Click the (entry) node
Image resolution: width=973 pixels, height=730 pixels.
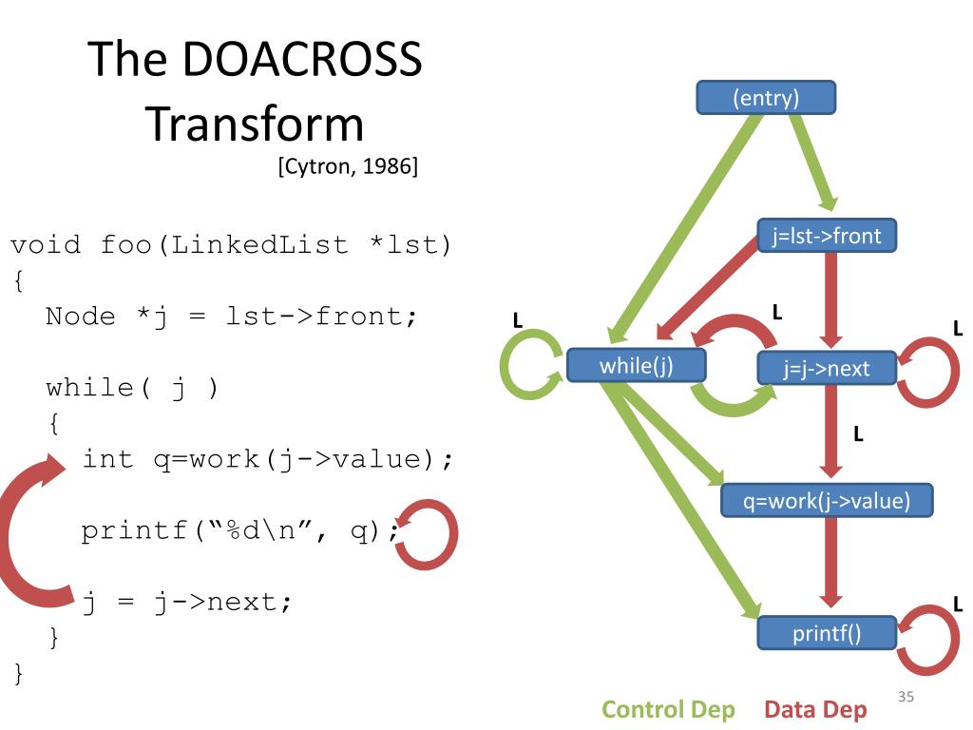click(x=766, y=97)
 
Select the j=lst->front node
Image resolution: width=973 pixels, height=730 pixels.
click(x=827, y=237)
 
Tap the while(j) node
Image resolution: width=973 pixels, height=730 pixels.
click(x=636, y=366)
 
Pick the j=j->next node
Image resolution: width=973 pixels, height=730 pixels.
click(x=827, y=368)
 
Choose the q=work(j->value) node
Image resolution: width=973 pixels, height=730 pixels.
click(x=826, y=500)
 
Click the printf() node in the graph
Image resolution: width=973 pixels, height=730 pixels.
click(x=827, y=633)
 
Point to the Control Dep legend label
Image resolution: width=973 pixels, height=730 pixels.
click(x=669, y=709)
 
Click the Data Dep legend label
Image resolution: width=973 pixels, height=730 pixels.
click(x=815, y=709)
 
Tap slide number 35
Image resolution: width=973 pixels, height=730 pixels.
click(x=906, y=699)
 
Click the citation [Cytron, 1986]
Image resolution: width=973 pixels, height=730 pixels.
click(x=348, y=168)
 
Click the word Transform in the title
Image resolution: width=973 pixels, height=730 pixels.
click(x=255, y=124)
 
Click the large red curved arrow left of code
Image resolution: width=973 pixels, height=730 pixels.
click(x=21, y=531)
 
